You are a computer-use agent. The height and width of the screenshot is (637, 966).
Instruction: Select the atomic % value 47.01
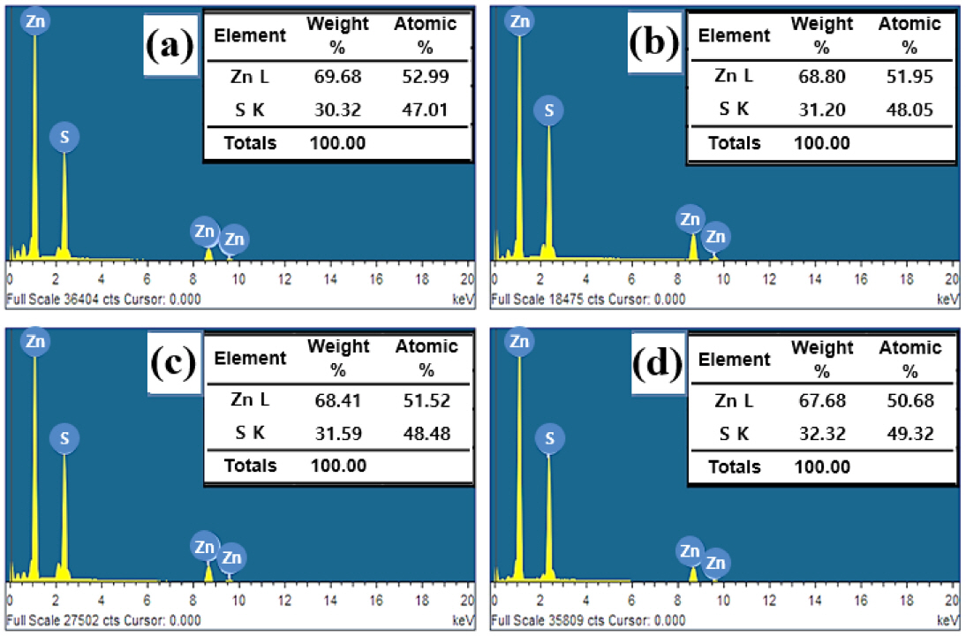click(426, 110)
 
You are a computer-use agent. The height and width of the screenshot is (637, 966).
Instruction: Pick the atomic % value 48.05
click(909, 110)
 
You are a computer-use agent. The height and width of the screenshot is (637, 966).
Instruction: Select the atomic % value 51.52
click(426, 400)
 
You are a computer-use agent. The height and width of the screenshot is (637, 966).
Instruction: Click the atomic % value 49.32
click(909, 433)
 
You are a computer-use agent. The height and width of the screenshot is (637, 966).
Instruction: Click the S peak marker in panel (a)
click(64, 137)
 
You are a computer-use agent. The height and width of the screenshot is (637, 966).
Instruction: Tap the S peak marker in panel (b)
click(548, 110)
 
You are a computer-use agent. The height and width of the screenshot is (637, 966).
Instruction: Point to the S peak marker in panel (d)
click(548, 437)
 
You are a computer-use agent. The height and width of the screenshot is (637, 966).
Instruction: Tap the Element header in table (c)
click(251, 359)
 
